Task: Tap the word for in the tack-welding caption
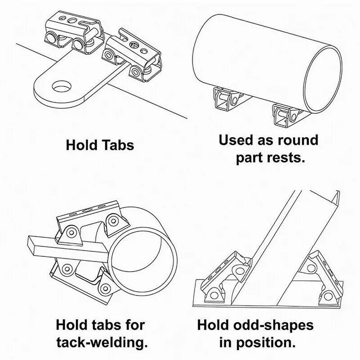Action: tap(135, 324)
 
